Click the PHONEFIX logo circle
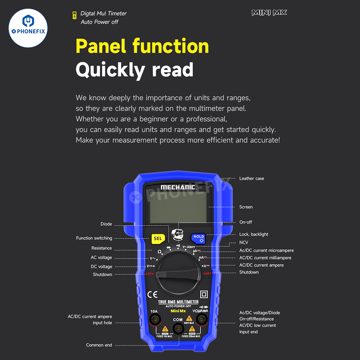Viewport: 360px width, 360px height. pos(28,28)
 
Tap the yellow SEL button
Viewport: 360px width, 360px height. pos(157,238)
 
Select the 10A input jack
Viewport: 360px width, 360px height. pos(154,319)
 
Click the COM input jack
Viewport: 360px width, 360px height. pos(178,329)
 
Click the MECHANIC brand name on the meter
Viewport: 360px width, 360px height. pos(178,187)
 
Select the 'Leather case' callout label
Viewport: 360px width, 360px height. pos(252,179)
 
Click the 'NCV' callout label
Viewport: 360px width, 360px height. pos(243,242)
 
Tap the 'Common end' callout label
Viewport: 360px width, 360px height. pos(99,345)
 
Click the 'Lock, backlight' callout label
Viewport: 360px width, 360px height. pos(253,234)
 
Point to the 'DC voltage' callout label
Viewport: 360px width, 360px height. pos(101,266)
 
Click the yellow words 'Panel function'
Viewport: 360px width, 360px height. pos(142,46)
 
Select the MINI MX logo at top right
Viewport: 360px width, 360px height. pos(269,13)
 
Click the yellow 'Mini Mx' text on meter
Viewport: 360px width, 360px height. pos(178,311)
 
